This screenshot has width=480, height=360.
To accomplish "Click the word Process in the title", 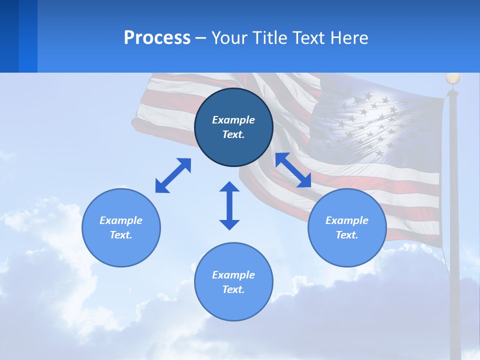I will point(157,38).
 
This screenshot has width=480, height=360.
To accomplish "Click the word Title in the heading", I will point(269,38).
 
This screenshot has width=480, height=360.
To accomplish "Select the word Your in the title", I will point(230,38).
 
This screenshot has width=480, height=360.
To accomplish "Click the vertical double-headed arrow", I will point(229,205).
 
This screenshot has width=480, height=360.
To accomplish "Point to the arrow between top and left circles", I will point(173,175).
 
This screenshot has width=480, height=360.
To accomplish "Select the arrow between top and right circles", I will point(293,170).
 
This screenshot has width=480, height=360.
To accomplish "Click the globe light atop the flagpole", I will point(452,78).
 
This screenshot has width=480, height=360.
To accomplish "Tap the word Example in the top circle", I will point(233,120).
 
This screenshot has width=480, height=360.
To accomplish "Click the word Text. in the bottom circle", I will point(233,289).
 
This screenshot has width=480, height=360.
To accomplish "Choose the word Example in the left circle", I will point(121,220).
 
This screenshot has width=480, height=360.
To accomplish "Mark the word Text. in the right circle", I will point(347,235).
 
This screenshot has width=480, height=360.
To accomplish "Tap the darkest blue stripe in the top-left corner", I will point(9,36).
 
